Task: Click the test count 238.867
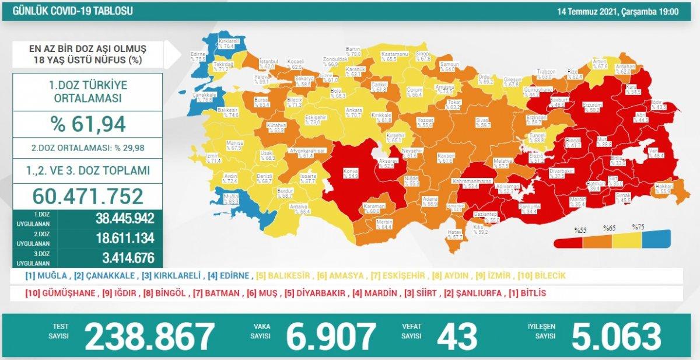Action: (x=150, y=337)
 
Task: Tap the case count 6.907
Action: (x=331, y=337)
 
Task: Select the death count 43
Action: (x=456, y=337)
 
